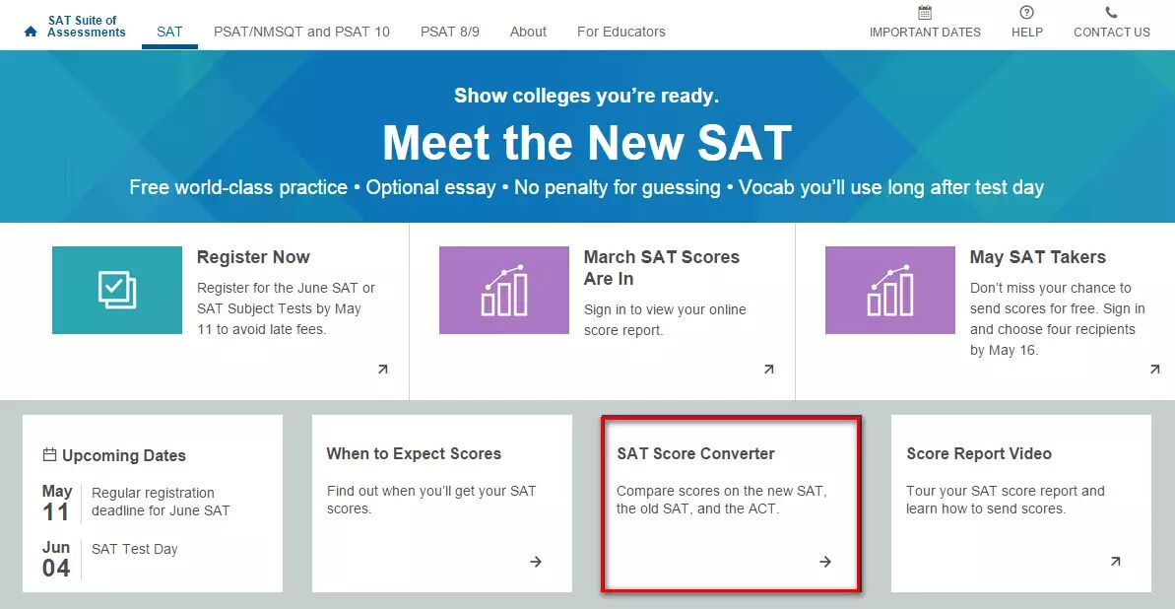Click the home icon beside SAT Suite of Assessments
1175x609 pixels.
31,32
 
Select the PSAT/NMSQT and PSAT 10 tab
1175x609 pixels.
301,32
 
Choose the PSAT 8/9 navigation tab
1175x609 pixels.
449,32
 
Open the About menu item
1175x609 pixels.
528,32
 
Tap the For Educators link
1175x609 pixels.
620,32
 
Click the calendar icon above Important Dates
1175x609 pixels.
924,13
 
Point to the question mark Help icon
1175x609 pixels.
1026,13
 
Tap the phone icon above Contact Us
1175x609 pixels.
1111,13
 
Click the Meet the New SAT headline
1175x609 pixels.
587,143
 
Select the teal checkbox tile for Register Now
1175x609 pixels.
117,291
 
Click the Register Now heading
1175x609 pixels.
253,257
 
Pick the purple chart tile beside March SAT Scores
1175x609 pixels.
504,291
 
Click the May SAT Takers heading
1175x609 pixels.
1037,257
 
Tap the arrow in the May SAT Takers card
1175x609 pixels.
1154,370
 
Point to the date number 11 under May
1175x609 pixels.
56,511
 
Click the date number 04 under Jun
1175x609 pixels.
56,568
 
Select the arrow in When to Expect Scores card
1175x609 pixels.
536,562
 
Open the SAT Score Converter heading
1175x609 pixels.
695,453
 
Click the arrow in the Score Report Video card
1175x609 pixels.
1115,562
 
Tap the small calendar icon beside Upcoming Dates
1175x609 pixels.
49,455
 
